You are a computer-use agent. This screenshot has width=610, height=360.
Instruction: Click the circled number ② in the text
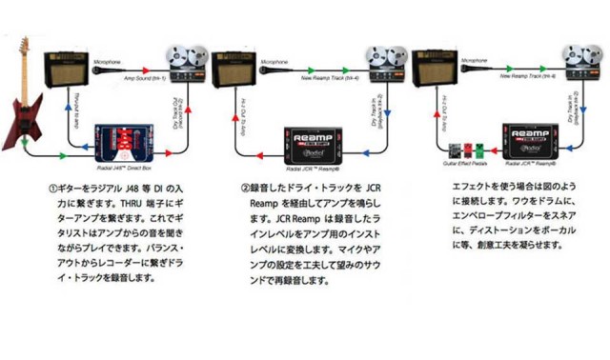click(x=245, y=188)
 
